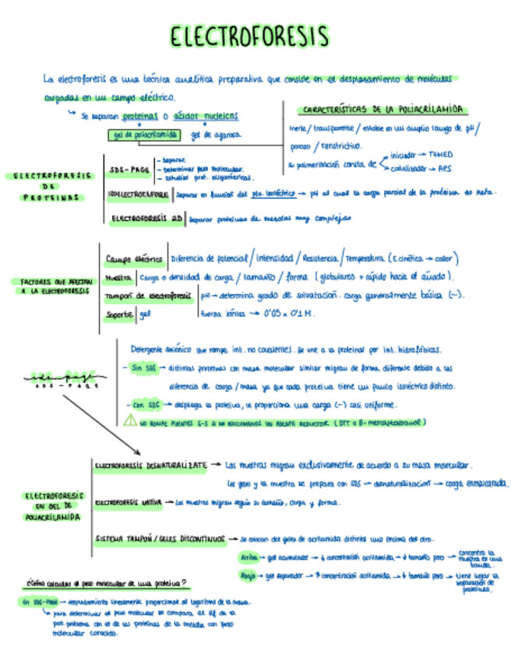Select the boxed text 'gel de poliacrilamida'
pyautogui.click(x=144, y=135)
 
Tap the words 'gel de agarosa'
pyautogui.click(x=216, y=135)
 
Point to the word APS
pyautogui.click(x=445, y=167)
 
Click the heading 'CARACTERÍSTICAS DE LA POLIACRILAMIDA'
pyautogui.click(x=380, y=110)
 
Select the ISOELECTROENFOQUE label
pyautogui.click(x=139, y=192)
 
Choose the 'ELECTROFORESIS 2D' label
pyautogui.click(x=148, y=219)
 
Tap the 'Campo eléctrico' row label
pyautogui.click(x=133, y=258)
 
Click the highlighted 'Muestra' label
pyautogui.click(x=118, y=277)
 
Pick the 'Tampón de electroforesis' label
pyautogui.click(x=148, y=296)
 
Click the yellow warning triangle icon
pyautogui.click(x=130, y=422)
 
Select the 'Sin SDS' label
pyautogui.click(x=143, y=367)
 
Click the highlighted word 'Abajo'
pyautogui.click(x=248, y=576)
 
